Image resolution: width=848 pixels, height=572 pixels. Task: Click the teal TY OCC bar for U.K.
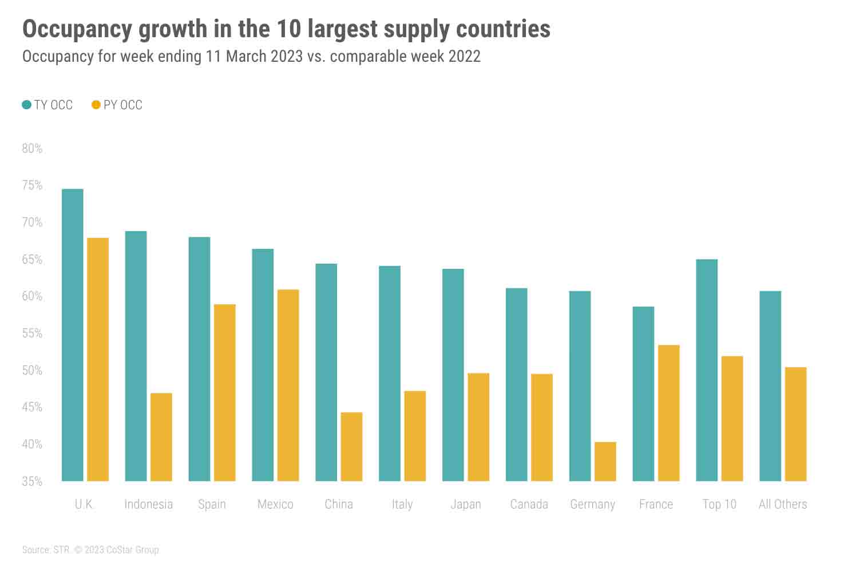pyautogui.click(x=73, y=335)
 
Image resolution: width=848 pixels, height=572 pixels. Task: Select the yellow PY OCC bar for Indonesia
pyautogui.click(x=161, y=437)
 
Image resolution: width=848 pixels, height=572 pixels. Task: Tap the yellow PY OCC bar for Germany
pyautogui.click(x=605, y=462)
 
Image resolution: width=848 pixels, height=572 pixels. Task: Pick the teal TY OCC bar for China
pyautogui.click(x=326, y=372)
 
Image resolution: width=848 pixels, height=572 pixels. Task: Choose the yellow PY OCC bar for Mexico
pyautogui.click(x=288, y=386)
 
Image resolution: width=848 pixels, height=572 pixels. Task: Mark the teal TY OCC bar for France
pyautogui.click(x=643, y=394)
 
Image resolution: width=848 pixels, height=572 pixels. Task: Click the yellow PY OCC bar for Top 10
pyautogui.click(x=732, y=419)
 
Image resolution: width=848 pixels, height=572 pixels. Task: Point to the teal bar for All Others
pyautogui.click(x=770, y=386)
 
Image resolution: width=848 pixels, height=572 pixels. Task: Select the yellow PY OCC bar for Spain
pyautogui.click(x=225, y=393)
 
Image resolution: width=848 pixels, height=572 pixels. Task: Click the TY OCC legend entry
pyautogui.click(x=48, y=105)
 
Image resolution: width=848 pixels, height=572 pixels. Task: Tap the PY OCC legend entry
pyautogui.click(x=117, y=105)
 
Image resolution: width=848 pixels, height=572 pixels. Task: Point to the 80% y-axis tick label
pyautogui.click(x=32, y=149)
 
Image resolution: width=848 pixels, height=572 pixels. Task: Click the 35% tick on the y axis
pyautogui.click(x=32, y=482)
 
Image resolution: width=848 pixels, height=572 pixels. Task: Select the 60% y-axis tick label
pyautogui.click(x=32, y=296)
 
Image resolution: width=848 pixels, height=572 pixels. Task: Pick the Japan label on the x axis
pyautogui.click(x=466, y=505)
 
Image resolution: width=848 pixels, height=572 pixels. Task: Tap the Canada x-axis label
pyautogui.click(x=529, y=505)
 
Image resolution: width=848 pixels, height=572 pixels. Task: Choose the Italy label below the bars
pyautogui.click(x=402, y=505)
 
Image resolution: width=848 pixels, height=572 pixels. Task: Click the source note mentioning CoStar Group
pyautogui.click(x=90, y=550)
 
